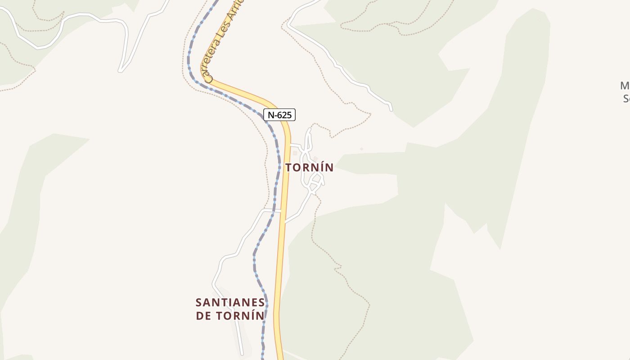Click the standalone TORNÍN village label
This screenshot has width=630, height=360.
pyautogui.click(x=310, y=167)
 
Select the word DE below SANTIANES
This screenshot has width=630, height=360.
pyautogui.click(x=203, y=315)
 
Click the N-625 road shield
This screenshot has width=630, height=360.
pyautogui.click(x=279, y=115)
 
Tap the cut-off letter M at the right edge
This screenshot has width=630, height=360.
pyautogui.click(x=625, y=85)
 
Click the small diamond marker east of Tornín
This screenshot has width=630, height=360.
pyautogui.click(x=361, y=149)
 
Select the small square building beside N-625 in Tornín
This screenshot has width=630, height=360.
pyautogui.click(x=295, y=153)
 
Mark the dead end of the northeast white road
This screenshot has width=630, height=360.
pyautogui.click(x=391, y=109)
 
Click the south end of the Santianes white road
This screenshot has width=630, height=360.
pyautogui.click(x=242, y=354)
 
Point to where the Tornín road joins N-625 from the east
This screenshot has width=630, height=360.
pyautogui.click(x=285, y=222)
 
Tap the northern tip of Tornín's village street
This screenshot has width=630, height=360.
pyautogui.click(x=310, y=129)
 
